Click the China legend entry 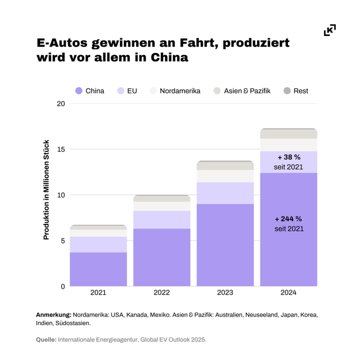coord(90,91)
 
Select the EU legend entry coord(127,91)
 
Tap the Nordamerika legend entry coord(175,91)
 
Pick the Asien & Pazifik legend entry coord(242,91)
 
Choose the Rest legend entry coord(296,91)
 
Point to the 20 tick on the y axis coord(60,103)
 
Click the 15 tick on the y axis coord(60,149)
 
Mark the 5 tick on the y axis coord(62,241)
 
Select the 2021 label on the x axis coord(98,292)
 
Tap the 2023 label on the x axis coord(225,292)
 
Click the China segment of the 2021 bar coord(98,269)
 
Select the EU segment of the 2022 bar coord(161,219)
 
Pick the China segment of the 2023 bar coord(225,245)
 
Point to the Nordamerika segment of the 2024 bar coord(289,145)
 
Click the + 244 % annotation coord(289,219)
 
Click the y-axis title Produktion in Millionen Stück coord(47,190)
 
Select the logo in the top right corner coord(330,30)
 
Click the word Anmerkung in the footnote coord(54,315)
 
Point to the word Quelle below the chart coord(46,340)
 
